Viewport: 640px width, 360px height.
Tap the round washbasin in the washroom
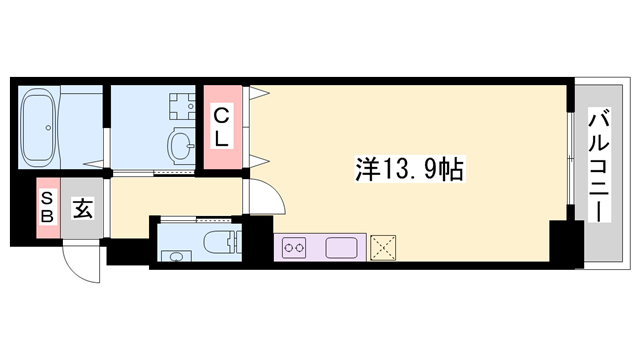click(182, 144)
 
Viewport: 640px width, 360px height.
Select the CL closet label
click(222, 128)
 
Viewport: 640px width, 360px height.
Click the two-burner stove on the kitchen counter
click(295, 247)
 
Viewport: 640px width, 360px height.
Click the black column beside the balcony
click(566, 246)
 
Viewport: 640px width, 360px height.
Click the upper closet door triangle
click(260, 95)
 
